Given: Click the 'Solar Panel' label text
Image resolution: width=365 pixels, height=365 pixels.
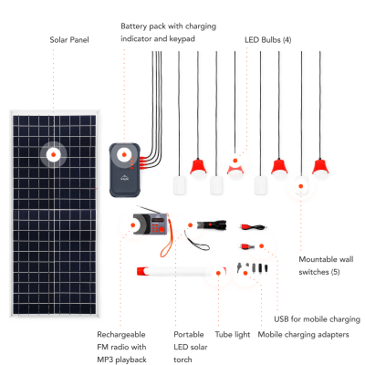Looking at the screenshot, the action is click(69, 40).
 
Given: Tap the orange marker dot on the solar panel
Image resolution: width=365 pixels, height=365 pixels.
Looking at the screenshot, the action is click(53, 154).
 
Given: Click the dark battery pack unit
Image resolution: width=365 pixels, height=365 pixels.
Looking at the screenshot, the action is click(125, 170).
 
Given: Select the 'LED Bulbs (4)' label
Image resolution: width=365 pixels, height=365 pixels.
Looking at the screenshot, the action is click(268, 40).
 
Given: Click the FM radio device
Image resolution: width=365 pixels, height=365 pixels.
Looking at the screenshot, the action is click(151, 224).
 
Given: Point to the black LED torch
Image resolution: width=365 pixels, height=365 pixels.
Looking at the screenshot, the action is click(212, 225).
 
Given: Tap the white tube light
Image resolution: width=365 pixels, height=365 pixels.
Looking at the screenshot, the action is click(182, 271).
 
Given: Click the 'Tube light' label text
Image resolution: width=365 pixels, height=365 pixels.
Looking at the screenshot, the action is click(233, 335).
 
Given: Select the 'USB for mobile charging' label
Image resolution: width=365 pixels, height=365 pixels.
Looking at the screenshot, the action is click(317, 319).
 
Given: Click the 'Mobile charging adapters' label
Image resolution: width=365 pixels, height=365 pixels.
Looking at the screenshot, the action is click(303, 335).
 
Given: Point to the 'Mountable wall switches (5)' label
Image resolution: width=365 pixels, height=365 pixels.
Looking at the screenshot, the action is click(326, 266).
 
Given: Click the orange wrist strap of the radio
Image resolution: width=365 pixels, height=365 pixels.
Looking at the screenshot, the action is click(167, 238).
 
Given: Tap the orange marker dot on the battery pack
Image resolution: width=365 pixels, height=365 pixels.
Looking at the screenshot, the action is click(124, 155).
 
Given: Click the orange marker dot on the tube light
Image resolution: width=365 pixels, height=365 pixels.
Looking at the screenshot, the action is click(218, 273).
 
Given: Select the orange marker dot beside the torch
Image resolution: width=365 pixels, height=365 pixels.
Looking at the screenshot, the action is click(190, 225).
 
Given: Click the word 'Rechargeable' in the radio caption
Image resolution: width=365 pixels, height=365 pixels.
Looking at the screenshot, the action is click(121, 335).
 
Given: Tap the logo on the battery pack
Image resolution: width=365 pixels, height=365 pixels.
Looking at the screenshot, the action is click(125, 178).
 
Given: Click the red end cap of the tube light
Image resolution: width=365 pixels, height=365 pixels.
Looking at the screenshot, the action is click(142, 271).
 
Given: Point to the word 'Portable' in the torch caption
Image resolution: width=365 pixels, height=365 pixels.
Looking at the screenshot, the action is click(189, 335).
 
